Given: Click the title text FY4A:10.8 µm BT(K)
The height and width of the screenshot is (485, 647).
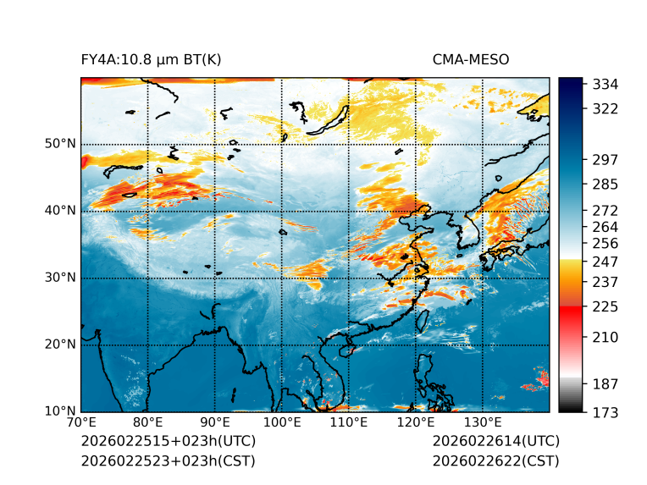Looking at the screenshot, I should pos(151,59).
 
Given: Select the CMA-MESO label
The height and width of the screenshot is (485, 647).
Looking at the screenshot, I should pos(470,59).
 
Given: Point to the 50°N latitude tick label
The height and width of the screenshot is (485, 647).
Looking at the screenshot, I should pos(60,144).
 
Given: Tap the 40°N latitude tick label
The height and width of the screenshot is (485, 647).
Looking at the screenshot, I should pos(60,211).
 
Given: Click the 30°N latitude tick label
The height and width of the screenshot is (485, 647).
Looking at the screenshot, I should pos(60,278).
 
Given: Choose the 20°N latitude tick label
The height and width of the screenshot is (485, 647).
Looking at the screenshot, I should pos(60,344).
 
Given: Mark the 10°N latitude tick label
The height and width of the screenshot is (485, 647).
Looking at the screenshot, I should pos(60,411).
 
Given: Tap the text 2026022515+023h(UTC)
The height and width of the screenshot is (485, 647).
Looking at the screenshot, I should pos(168,441).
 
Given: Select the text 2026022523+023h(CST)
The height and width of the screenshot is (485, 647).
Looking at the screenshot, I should pos(168,460).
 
